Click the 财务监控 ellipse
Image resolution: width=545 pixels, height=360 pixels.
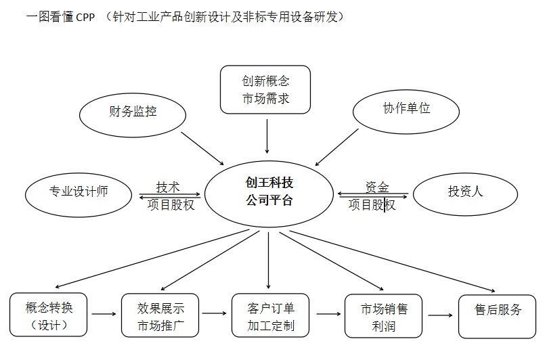tap(132, 112)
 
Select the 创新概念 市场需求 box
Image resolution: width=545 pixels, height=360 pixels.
tap(266, 90)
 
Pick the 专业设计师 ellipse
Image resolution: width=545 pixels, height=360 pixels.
tap(79, 192)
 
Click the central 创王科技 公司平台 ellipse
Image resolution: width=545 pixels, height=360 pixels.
tap(269, 192)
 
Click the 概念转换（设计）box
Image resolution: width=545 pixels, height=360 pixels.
tap(49, 316)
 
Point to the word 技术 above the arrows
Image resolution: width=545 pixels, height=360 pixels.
tap(168, 187)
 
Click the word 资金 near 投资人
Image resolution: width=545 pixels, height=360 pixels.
tap(377, 187)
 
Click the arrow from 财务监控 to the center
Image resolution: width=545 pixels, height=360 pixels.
tap(202, 146)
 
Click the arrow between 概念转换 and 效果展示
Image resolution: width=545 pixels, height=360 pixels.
tap(104, 314)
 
